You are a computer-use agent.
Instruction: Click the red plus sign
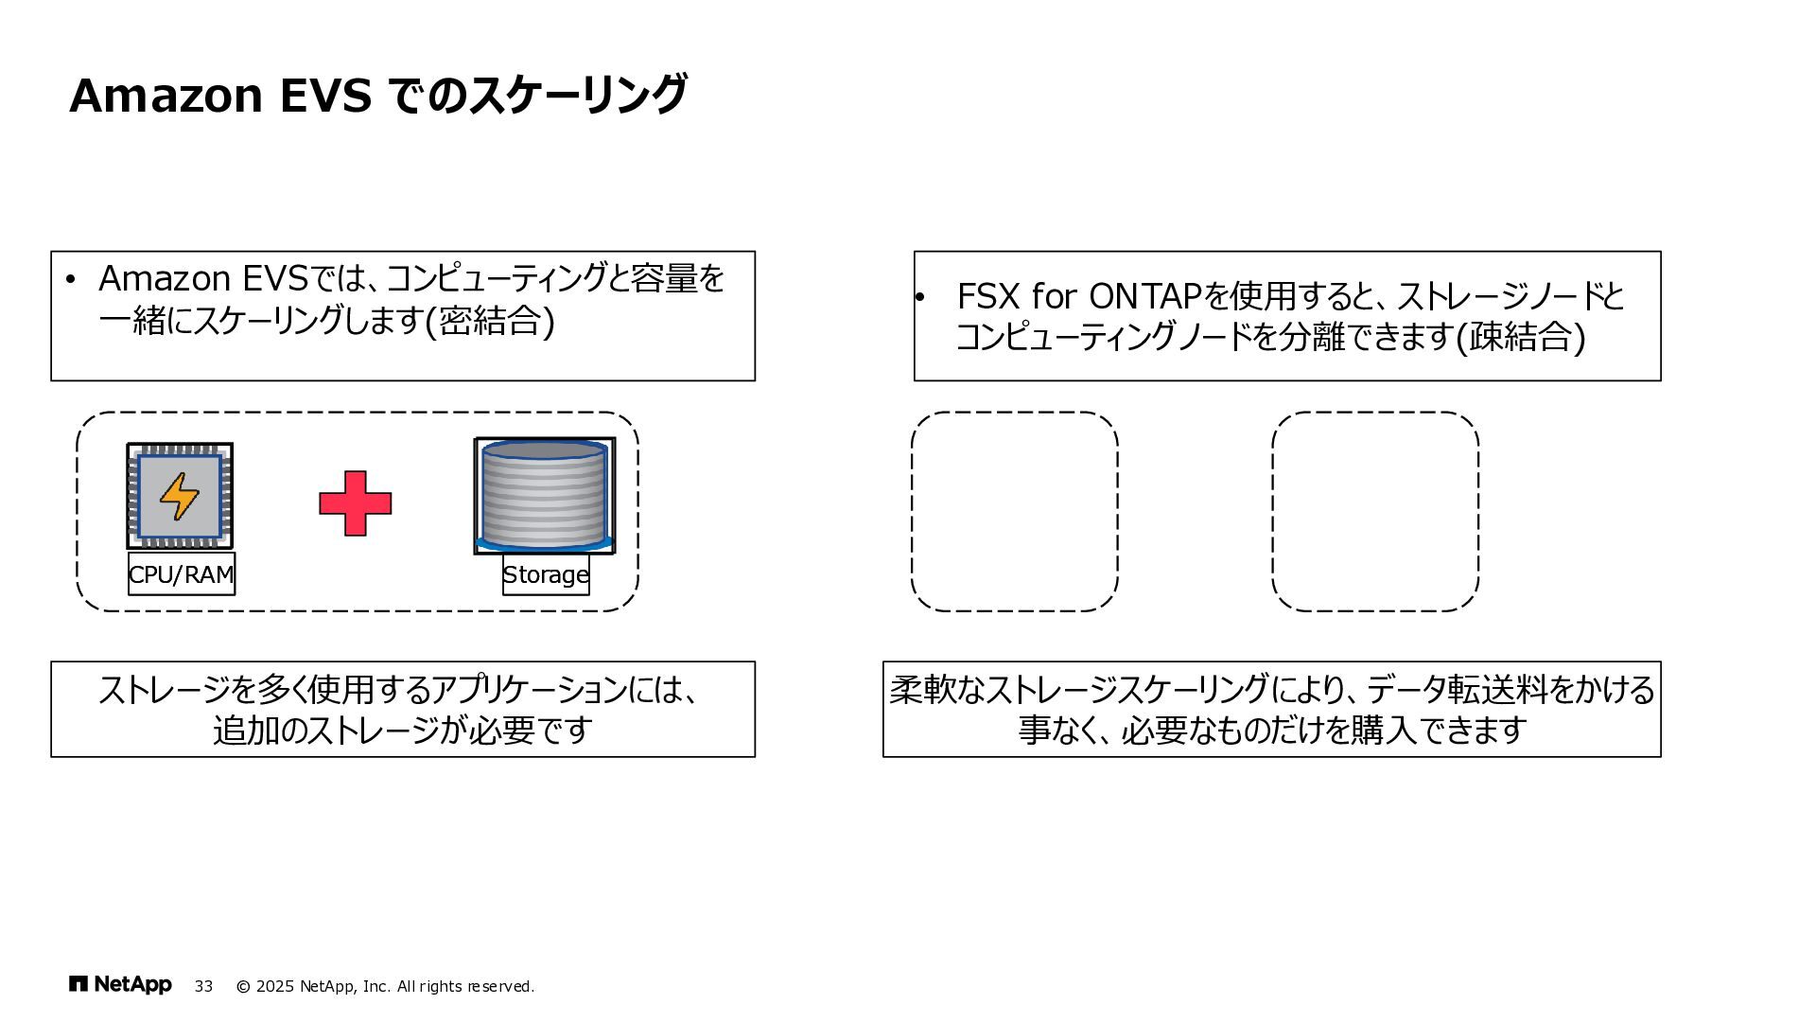(x=356, y=503)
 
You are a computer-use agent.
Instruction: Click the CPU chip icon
(x=180, y=496)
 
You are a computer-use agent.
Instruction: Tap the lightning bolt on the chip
(x=179, y=497)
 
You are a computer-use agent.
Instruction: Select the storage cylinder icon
(x=544, y=496)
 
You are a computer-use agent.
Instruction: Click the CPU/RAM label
(x=182, y=574)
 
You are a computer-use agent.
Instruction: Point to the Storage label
(x=546, y=574)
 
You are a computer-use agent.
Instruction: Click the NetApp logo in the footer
(x=121, y=985)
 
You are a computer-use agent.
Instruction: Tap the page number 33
(x=203, y=986)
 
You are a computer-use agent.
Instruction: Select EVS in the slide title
(x=325, y=96)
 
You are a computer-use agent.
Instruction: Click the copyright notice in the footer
(x=385, y=986)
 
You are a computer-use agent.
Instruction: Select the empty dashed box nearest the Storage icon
(x=1014, y=511)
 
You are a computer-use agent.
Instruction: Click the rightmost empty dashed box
(x=1375, y=511)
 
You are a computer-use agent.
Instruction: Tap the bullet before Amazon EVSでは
(x=70, y=280)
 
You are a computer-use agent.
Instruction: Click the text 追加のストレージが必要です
(x=403, y=731)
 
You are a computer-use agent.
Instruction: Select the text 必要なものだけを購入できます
(x=1324, y=731)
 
